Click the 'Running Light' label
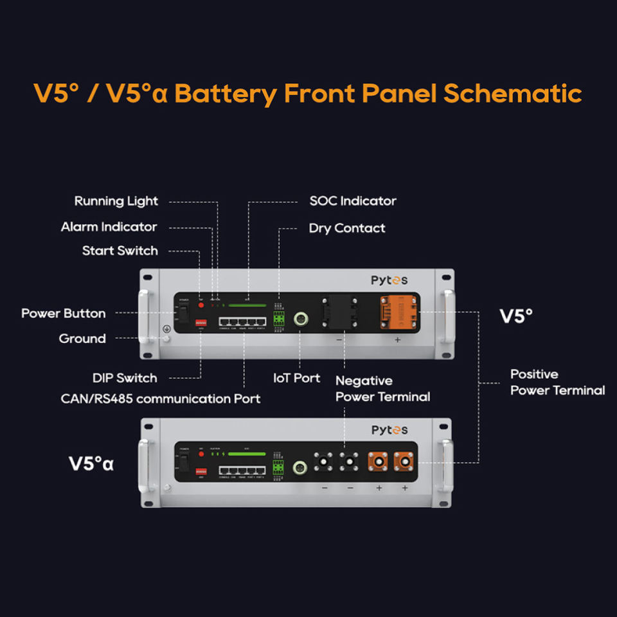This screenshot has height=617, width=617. pos(116,201)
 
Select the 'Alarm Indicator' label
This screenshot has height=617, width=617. pos(109,227)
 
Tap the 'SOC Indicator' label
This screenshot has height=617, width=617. pos(353,201)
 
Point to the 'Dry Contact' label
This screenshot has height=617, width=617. pos(347,228)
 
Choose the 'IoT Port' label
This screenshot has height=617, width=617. pos(297,378)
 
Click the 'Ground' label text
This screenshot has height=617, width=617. pos(82,339)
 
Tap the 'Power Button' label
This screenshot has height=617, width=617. pos(64,314)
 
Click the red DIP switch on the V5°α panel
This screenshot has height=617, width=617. pos(201,471)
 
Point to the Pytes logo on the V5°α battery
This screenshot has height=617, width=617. pos(389,430)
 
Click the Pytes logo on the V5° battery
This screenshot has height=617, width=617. pos(389,280)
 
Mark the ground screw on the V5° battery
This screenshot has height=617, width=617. pos(166,339)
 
